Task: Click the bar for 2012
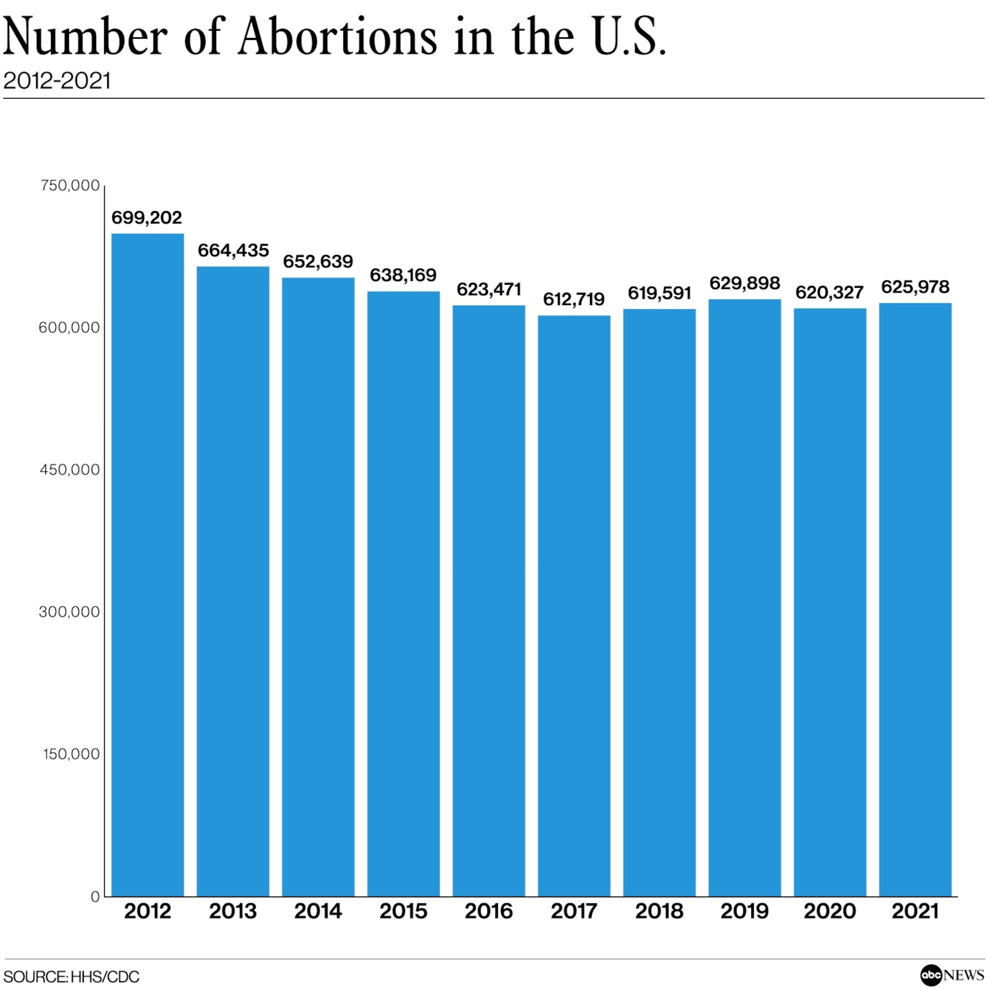147,565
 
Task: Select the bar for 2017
574,606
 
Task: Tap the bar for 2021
915,600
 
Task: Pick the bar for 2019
745,598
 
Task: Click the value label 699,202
147,218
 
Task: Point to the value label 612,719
574,299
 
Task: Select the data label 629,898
745,283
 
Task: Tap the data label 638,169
403,275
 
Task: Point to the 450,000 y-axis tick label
70,470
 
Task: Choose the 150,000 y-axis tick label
71,754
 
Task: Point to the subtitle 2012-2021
57,81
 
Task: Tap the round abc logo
931,975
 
